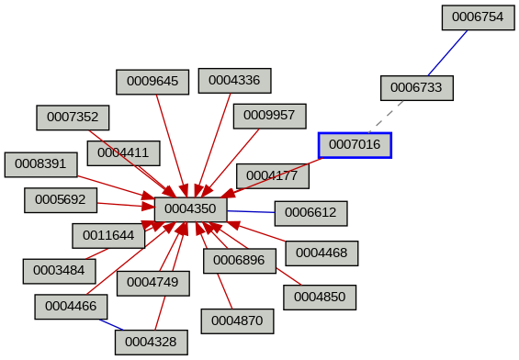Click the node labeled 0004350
pos(190,209)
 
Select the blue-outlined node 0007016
pos(355,145)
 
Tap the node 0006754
pos(473,17)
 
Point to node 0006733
pos(417,88)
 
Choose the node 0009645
pos(152,82)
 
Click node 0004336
pos(234,81)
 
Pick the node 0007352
pos(73,118)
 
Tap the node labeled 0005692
pos(60,198)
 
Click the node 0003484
pos(59,271)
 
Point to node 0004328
pos(152,343)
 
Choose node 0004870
pos(237,321)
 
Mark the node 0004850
pos(320,298)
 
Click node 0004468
pos(322,253)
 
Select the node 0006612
pos(310,213)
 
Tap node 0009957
pos(269,116)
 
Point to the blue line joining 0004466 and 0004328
pos(111,325)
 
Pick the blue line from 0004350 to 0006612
pos(251,211)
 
